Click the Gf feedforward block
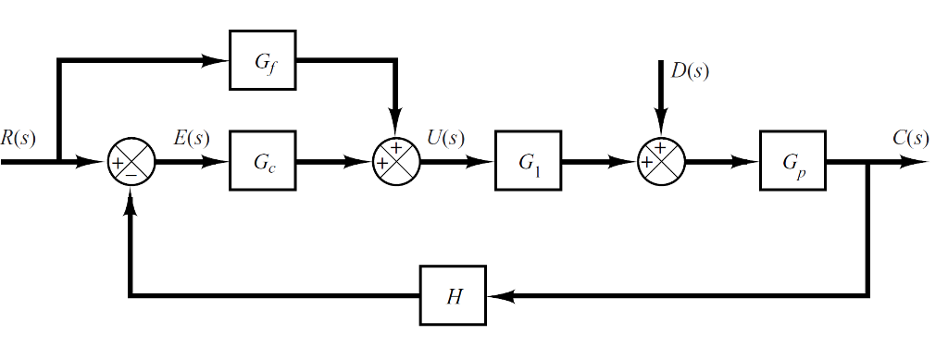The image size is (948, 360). click(x=263, y=63)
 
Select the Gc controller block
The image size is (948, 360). click(x=263, y=163)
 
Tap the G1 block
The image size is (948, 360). click(x=528, y=163)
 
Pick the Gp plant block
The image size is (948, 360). click(x=793, y=163)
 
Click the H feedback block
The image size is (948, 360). click(x=454, y=296)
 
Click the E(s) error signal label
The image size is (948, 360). click(x=192, y=139)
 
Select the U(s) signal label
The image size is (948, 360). click(x=445, y=139)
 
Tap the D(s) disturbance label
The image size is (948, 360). click(x=691, y=71)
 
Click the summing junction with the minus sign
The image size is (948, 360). click(x=131, y=163)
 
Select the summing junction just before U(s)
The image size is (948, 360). click(x=396, y=163)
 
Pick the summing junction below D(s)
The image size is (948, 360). click(x=661, y=163)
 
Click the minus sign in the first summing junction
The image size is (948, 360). click(x=132, y=174)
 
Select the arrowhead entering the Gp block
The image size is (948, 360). click(x=751, y=163)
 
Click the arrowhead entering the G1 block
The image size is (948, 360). click(x=486, y=163)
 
